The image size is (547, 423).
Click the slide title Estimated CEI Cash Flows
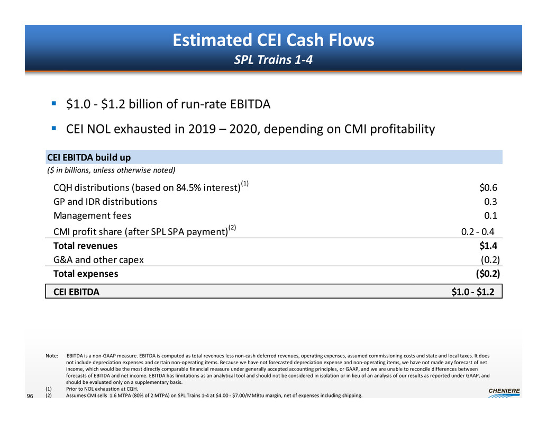click(273, 41)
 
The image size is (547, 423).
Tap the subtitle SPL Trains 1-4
click(273, 60)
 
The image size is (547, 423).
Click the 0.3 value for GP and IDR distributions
click(491, 201)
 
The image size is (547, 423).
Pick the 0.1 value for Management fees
click(491, 215)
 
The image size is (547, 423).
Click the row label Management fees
click(93, 215)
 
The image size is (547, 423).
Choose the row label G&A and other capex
click(98, 260)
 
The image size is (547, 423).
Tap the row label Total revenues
click(86, 246)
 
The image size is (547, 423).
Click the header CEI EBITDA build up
click(89, 157)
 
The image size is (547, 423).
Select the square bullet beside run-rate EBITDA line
click(54, 103)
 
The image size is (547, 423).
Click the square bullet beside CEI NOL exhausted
click(54, 128)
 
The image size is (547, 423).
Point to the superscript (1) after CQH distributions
click(244, 183)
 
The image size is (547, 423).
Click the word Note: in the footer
click(52, 355)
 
